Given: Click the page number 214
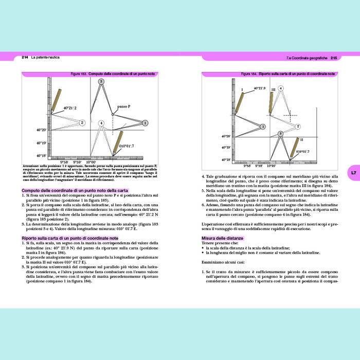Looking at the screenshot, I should pyautogui.click(x=25, y=57).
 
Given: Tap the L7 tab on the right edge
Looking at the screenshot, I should pyautogui.click(x=353, y=173).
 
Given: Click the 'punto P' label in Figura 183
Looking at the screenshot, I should pyautogui.click(x=123, y=106).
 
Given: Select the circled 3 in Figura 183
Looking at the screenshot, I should pyautogui.click(x=101, y=82).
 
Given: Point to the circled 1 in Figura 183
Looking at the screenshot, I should pyautogui.click(x=146, y=123).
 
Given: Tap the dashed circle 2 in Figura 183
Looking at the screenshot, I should pyautogui.click(x=82, y=123).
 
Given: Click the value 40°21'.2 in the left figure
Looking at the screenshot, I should pyautogui.click(x=69, y=108).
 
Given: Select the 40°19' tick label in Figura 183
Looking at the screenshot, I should pyautogui.click(x=42, y=143).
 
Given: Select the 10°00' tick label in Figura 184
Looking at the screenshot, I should pyautogui.click(x=269, y=166).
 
